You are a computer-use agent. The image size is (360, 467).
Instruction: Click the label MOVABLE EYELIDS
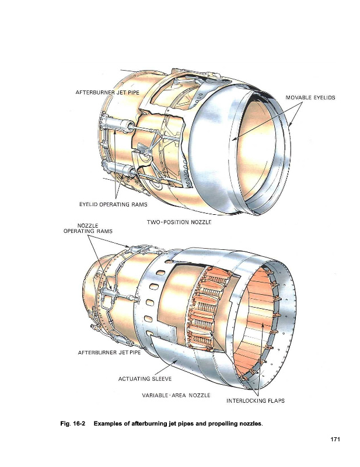(x=310, y=97)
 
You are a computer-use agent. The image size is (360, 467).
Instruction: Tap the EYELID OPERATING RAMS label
(x=113, y=204)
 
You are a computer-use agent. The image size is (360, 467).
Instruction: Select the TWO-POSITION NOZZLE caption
(x=179, y=222)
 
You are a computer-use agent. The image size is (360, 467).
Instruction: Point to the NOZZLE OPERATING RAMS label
(x=88, y=228)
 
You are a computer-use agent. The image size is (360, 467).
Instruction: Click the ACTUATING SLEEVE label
(x=145, y=379)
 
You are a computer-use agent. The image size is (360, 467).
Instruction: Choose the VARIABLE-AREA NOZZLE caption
(x=176, y=395)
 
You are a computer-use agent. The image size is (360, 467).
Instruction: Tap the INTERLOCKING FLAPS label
(x=256, y=400)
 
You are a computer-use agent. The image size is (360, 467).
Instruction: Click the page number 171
(x=335, y=439)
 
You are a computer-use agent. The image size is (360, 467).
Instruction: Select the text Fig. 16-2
(x=73, y=424)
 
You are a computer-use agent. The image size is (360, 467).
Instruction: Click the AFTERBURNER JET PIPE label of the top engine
(x=107, y=92)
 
